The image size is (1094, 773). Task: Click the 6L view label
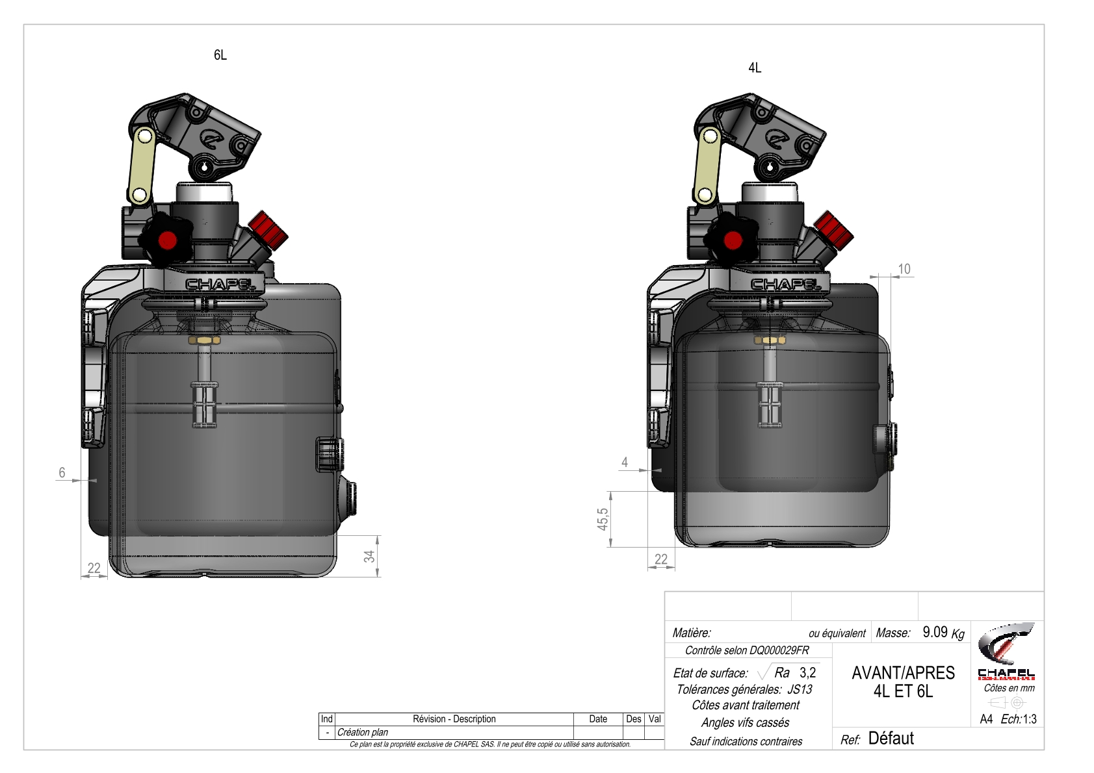[x=220, y=55]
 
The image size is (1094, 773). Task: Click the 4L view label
[x=755, y=68]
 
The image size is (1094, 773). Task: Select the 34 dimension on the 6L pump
[x=370, y=556]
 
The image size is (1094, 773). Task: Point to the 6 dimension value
[x=62, y=472]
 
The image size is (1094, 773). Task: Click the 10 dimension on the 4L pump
[x=904, y=269]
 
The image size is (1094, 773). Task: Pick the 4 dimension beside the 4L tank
[x=625, y=462]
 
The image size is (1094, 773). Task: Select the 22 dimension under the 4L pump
[x=661, y=559]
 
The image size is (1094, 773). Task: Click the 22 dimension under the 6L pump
[x=94, y=568]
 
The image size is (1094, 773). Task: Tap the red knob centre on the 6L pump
[x=168, y=240]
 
